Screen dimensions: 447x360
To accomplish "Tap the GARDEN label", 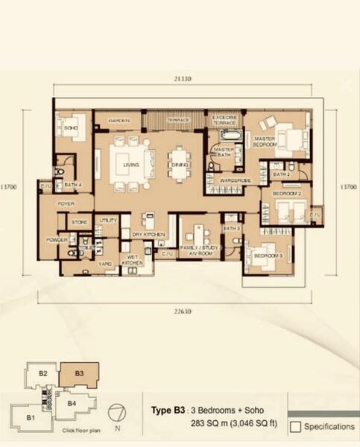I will [x=119, y=120].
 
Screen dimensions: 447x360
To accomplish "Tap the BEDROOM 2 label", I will [x=287, y=194].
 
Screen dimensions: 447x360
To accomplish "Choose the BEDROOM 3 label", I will [x=268, y=256].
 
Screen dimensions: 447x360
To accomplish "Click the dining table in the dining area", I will [x=180, y=165].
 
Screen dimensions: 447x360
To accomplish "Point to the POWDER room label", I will [x=57, y=240].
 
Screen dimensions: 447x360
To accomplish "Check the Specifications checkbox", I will [x=295, y=427].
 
